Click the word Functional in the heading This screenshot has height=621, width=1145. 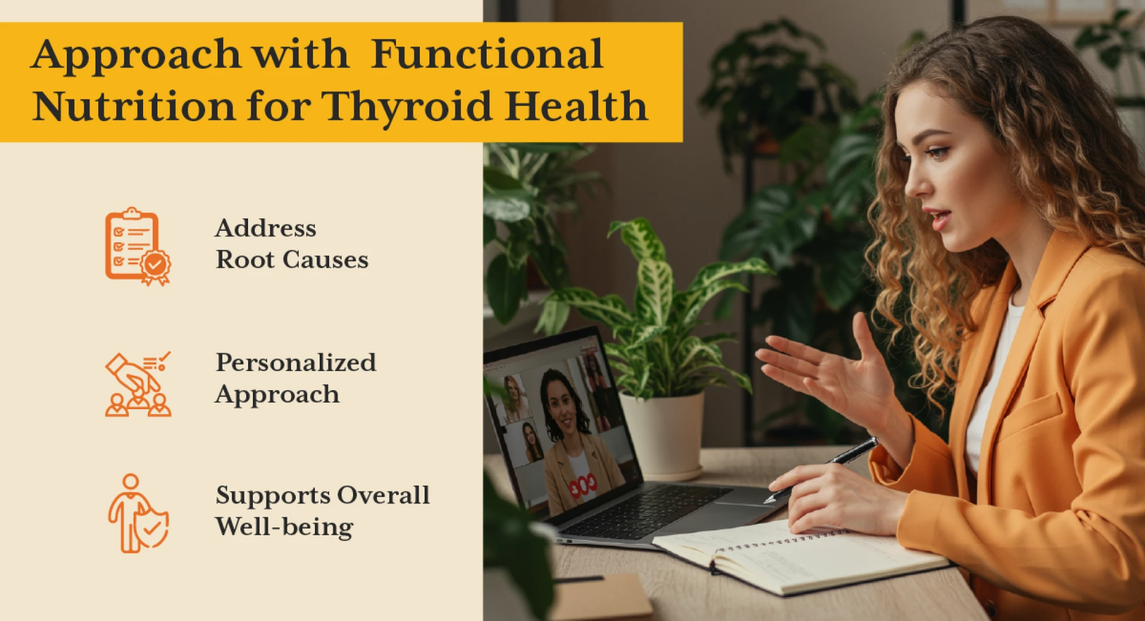tap(487, 55)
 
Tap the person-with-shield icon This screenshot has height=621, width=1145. tap(138, 514)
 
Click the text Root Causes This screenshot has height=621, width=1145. tap(292, 260)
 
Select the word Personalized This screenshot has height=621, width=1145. tap(296, 363)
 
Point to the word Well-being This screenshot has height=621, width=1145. tap(284, 527)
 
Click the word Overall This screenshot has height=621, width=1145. tap(383, 495)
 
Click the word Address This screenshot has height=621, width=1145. tap(266, 228)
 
